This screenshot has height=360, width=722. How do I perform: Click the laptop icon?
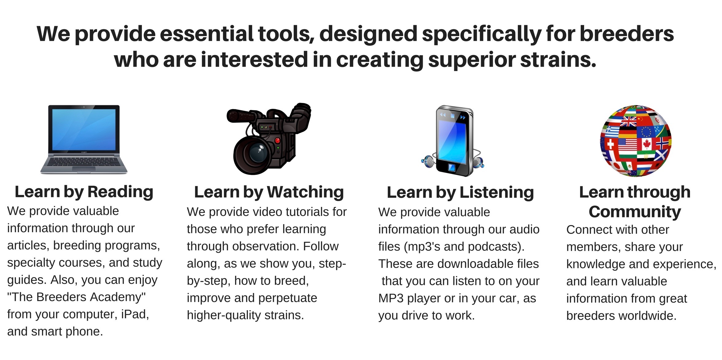coord(84,140)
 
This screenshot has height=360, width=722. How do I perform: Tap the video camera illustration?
coord(269,139)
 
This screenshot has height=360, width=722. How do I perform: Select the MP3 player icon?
coord(452,141)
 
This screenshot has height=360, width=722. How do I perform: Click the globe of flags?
coord(636,140)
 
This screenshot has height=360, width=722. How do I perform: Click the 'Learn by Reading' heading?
coord(84,192)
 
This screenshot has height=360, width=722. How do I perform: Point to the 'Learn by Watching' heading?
coord(269,192)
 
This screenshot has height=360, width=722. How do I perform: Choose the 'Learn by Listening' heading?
coord(460,193)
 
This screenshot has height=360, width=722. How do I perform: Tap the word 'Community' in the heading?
coord(635,212)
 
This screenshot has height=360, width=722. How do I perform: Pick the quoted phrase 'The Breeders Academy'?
coord(76,297)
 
